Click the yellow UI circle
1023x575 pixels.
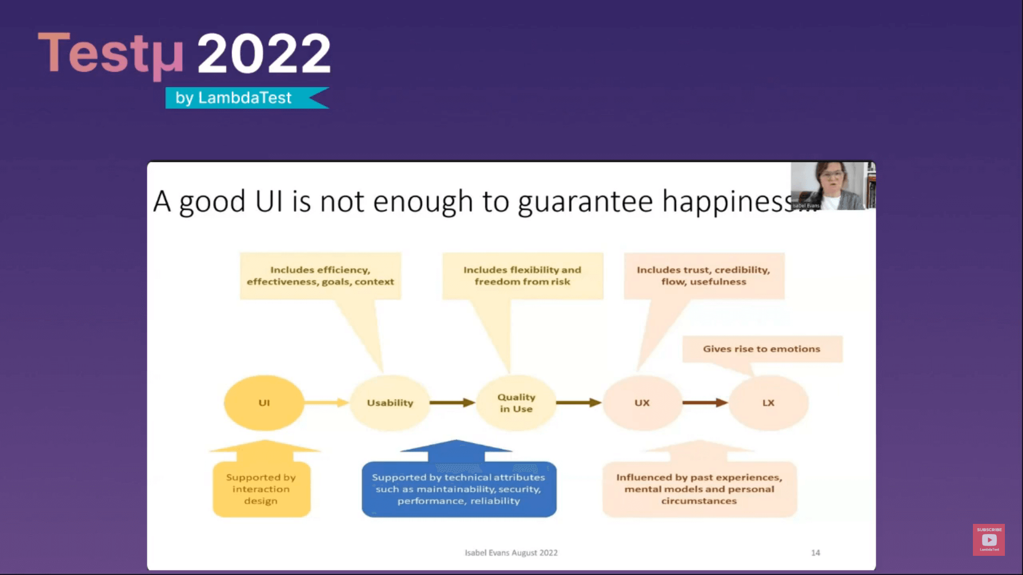tap(264, 403)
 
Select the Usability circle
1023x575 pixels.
tap(390, 403)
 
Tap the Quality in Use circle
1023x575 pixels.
tap(516, 403)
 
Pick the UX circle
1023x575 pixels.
tap(642, 403)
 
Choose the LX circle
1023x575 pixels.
tap(768, 403)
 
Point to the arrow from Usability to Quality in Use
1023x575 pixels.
tap(452, 402)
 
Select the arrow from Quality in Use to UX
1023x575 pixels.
tap(578, 402)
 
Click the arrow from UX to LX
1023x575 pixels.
tap(704, 402)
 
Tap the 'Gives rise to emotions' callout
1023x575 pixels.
tap(762, 349)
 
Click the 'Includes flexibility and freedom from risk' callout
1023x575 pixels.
tap(522, 276)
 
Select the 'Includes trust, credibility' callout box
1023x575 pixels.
tap(704, 276)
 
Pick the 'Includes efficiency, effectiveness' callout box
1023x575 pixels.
tap(320, 276)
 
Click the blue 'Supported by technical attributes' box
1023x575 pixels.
tap(459, 489)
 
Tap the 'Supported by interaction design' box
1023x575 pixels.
tap(261, 489)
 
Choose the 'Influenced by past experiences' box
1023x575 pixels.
tap(699, 489)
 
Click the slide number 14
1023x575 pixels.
tap(815, 553)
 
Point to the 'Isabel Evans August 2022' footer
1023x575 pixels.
tap(511, 553)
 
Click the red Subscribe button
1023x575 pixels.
tap(989, 540)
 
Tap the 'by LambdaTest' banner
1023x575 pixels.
tap(245, 98)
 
